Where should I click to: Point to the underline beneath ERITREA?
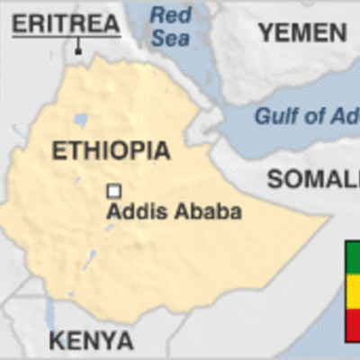click(x=65, y=38)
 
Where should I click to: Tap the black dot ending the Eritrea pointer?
click(x=79, y=50)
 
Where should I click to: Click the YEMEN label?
click(x=302, y=32)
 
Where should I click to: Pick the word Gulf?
click(x=274, y=116)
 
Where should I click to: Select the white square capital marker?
click(x=114, y=191)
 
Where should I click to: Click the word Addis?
click(x=134, y=212)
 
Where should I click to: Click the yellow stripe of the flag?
click(x=353, y=290)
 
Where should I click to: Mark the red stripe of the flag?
click(x=353, y=324)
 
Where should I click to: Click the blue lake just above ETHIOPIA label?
click(x=82, y=119)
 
